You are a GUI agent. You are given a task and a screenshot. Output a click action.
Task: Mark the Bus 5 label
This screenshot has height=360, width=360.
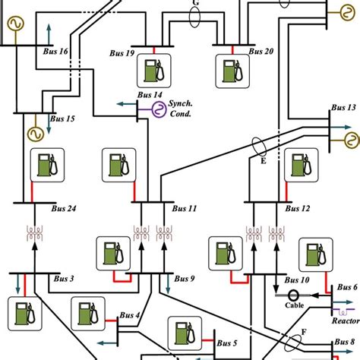(229, 343)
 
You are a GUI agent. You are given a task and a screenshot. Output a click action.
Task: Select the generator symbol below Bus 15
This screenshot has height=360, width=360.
(34, 134)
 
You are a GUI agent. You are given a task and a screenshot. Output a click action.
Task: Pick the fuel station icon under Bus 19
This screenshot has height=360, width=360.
(151, 71)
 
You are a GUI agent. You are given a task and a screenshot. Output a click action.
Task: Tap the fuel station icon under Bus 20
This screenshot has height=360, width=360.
(227, 71)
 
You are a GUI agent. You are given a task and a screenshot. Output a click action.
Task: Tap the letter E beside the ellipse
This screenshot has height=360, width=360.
(264, 161)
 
